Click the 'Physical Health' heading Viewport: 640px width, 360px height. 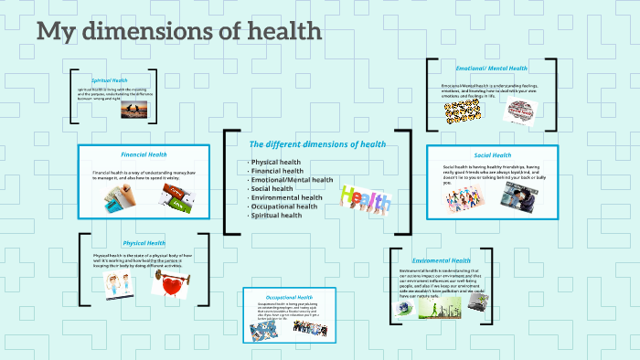(x=144, y=243)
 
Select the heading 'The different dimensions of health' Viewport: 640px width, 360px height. (x=317, y=144)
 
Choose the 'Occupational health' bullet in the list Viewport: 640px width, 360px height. (x=283, y=206)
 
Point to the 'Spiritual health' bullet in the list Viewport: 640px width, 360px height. (x=276, y=216)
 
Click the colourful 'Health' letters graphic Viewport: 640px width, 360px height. (x=365, y=198)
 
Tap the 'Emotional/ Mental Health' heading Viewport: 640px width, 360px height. (x=491, y=69)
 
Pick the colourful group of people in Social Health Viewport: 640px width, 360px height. (x=464, y=200)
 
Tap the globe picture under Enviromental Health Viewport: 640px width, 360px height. (x=403, y=309)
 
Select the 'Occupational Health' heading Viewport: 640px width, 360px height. (x=290, y=298)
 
